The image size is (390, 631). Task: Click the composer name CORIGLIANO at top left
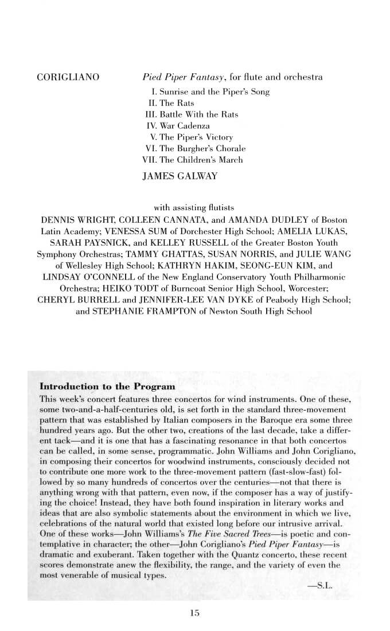[x=68, y=77]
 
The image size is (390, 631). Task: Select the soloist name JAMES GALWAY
[x=180, y=176]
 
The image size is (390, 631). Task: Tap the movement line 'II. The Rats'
[x=171, y=103]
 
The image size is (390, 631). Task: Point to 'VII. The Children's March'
[x=193, y=160]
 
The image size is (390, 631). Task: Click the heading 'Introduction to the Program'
[x=99, y=387]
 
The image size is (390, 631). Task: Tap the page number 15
[x=194, y=613]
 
